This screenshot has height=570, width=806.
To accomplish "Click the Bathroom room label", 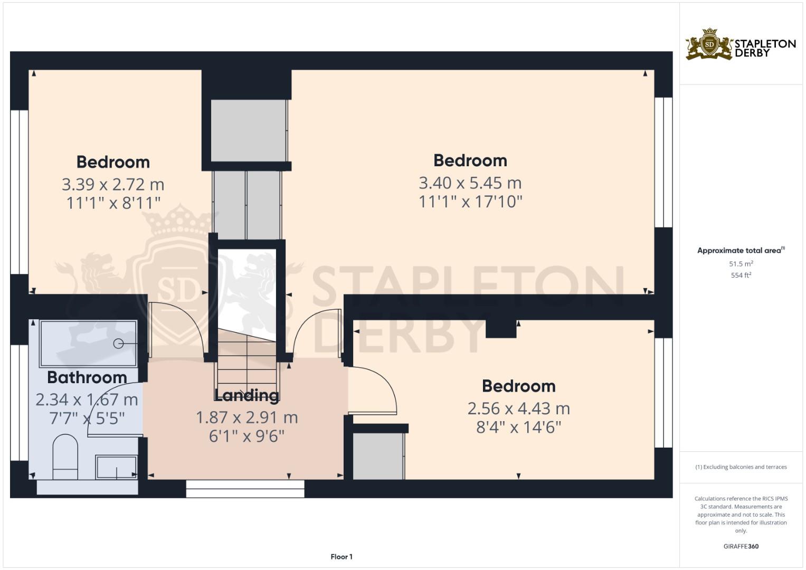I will coord(87,377).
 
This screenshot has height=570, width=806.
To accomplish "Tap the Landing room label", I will coord(246,395).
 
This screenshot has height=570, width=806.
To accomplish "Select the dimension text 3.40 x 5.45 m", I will coord(470,183).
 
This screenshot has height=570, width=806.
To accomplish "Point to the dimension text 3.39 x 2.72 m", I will coord(113,184).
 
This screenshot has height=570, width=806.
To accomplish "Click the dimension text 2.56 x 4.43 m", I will coord(518,408).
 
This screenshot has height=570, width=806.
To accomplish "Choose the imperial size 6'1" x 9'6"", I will coord(246,436).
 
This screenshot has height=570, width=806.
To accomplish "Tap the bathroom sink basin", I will coord(116,467).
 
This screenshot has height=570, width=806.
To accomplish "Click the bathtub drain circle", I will coord(118,344).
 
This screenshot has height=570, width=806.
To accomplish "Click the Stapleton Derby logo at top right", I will coord(741,45).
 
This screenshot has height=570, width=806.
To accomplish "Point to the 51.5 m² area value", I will coord(741,263).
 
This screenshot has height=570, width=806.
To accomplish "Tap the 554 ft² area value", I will coord(741,275).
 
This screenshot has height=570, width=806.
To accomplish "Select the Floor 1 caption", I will coord(342,557).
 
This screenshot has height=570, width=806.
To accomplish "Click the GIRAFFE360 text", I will coord(741,546).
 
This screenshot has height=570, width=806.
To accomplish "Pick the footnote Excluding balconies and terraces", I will coord(741,467).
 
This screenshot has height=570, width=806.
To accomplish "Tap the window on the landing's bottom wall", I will coord(245,489).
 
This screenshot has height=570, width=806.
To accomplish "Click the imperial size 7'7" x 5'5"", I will coord(87,418).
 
